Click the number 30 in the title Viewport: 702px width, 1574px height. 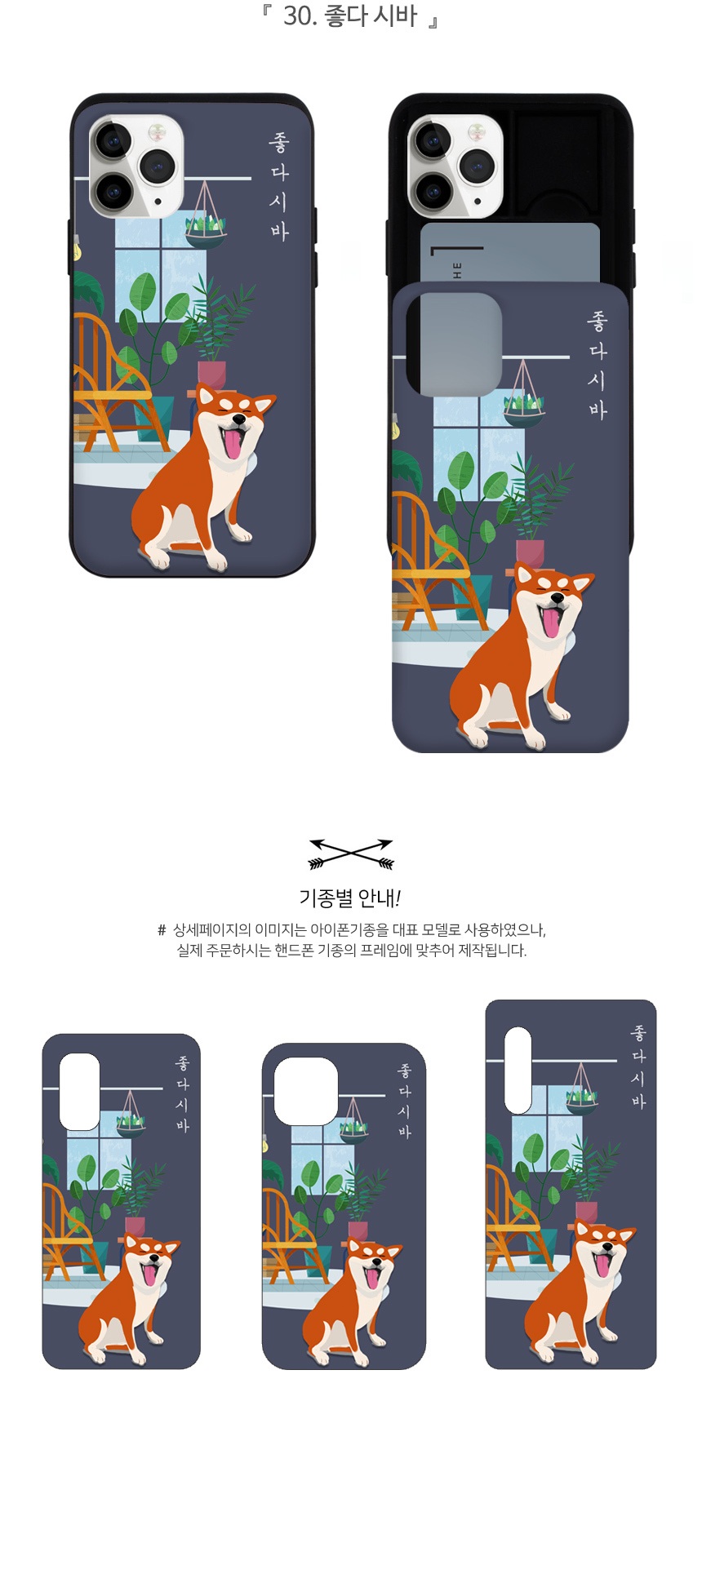298,16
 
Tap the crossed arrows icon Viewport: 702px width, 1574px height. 351,854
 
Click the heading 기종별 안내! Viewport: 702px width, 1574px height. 350,898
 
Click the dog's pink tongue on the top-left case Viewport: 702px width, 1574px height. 234,444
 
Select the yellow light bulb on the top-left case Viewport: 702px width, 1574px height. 77,249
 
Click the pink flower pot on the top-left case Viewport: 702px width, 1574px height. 211,375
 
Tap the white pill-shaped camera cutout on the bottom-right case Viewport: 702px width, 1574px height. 518,1070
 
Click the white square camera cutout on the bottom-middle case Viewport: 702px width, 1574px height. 306,1091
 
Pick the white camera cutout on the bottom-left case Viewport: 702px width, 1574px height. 80,1091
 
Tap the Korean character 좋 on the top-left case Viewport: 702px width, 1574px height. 279,144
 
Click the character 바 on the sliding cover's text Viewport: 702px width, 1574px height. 598,410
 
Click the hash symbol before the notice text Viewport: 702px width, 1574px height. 162,930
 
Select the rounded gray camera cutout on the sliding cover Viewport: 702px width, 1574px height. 454,344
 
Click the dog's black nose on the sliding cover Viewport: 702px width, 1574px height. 557,599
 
